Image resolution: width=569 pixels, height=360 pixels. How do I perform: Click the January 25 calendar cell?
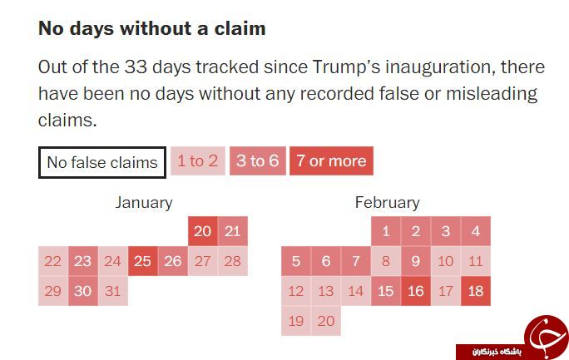click(142, 261)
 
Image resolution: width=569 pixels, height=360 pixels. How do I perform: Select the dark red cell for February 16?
click(416, 291)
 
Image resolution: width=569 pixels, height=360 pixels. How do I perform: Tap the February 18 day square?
click(476, 291)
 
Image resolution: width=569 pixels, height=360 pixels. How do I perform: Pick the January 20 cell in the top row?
click(203, 231)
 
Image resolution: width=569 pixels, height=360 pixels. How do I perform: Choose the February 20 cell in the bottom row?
click(326, 321)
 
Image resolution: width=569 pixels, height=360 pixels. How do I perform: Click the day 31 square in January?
click(113, 291)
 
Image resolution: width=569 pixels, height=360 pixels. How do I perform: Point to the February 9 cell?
click(416, 261)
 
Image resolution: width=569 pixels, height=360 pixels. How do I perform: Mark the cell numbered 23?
click(82, 261)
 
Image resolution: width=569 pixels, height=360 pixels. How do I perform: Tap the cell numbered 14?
click(356, 291)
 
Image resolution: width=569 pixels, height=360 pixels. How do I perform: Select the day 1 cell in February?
click(386, 231)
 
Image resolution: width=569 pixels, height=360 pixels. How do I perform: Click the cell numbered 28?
click(233, 261)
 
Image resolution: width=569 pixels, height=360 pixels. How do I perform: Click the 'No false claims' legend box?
click(102, 162)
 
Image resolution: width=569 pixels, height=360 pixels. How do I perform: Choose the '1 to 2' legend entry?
click(198, 161)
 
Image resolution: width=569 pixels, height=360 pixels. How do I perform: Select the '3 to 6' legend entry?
click(258, 161)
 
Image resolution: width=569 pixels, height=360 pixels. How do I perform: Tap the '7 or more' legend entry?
click(331, 161)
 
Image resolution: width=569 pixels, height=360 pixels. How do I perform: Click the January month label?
click(144, 203)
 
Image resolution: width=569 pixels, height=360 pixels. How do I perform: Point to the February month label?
click(387, 203)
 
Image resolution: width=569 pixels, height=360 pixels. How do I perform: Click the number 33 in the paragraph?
click(136, 67)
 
